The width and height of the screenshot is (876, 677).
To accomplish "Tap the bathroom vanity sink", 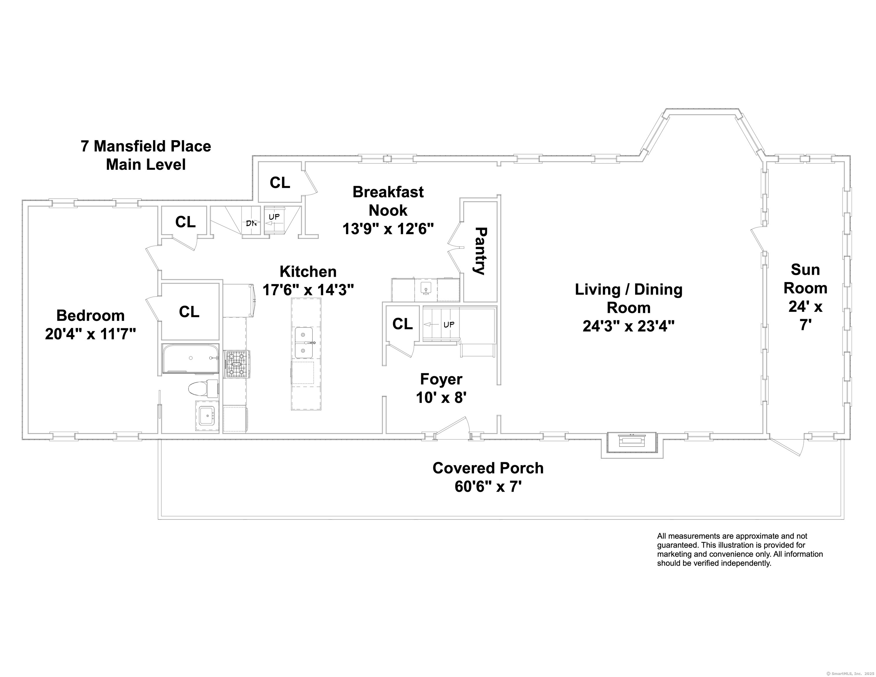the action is (207, 416).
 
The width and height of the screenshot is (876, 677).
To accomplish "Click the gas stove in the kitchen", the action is (237, 364).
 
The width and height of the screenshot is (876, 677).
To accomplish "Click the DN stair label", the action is (251, 224).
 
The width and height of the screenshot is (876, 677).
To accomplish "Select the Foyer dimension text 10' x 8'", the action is (441, 398).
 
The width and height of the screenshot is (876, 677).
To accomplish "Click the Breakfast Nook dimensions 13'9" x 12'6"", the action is (388, 229).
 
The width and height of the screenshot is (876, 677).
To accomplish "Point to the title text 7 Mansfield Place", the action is (146, 146).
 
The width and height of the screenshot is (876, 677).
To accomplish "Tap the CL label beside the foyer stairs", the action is (402, 324).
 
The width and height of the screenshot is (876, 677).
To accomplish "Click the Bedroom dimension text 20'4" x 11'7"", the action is (91, 334).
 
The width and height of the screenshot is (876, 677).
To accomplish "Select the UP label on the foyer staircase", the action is (449, 324).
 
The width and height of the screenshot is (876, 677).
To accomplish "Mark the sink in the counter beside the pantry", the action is (426, 288).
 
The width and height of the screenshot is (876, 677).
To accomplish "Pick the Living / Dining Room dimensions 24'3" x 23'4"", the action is (629, 326).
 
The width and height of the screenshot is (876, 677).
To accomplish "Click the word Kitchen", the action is (308, 272).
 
